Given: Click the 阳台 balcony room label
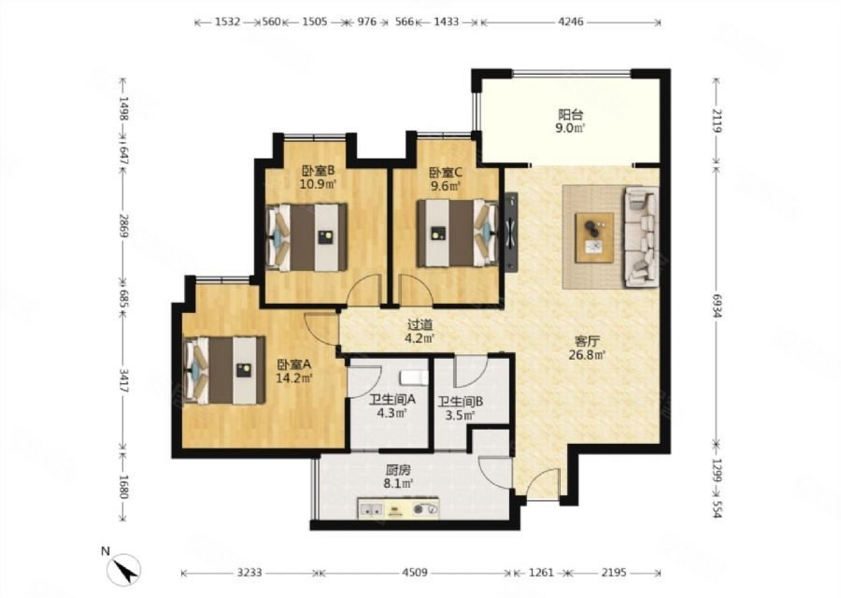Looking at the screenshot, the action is [570, 115].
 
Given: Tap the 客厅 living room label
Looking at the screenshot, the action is [587, 341].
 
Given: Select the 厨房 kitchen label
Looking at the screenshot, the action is [398, 470].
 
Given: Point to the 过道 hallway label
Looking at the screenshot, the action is [420, 324].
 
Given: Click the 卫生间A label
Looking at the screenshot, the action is [392, 400].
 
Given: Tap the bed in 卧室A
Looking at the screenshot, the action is [224, 370].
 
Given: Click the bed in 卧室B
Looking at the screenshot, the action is [306, 237].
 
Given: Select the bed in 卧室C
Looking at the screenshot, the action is [458, 233].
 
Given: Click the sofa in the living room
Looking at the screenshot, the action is [640, 237].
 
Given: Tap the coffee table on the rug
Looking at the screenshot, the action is [594, 237].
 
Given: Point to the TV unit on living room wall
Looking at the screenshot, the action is [510, 233].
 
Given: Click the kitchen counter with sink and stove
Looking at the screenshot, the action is [398, 508].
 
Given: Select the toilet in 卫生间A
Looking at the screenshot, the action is [415, 377].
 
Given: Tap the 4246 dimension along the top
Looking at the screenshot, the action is [571, 22].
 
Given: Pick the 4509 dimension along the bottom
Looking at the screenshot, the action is [415, 572].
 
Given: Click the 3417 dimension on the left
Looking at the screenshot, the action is [123, 380].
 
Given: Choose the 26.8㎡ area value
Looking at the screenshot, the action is [587, 354].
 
